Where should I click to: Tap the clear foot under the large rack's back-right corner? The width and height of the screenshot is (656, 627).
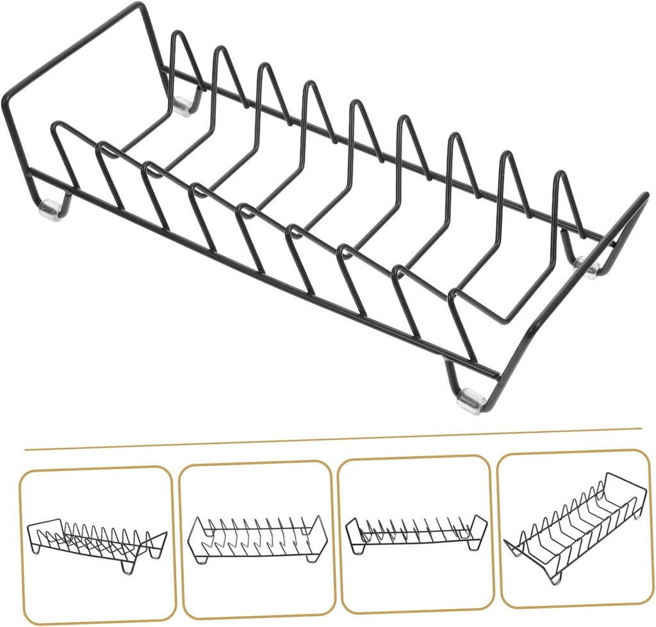click(x=588, y=266)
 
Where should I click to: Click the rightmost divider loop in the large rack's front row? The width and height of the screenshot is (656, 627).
click(x=456, y=295)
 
